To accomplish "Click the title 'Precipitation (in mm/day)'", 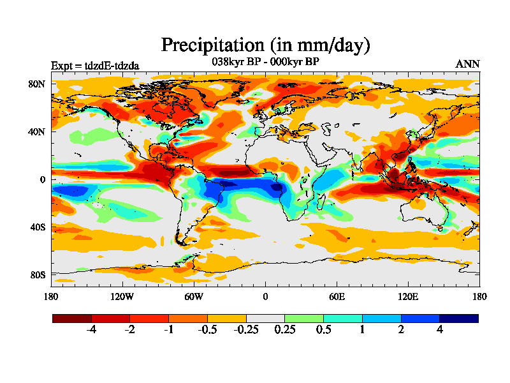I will click(x=265, y=45).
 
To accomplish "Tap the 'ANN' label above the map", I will click(x=468, y=64).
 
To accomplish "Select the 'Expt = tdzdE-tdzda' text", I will click(x=95, y=65).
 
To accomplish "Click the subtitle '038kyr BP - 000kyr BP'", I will click(x=265, y=62).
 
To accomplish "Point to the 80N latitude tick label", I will click(x=38, y=84).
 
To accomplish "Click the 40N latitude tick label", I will click(x=38, y=131).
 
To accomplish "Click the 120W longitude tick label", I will click(x=122, y=296).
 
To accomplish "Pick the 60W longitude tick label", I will click(x=194, y=296).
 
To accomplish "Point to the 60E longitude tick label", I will click(x=337, y=296).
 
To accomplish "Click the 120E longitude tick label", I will click(x=408, y=296).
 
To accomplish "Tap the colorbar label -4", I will click(x=91, y=330).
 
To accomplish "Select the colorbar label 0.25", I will click(x=285, y=330).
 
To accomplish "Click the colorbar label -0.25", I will click(x=245, y=330).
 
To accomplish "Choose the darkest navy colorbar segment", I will click(x=459, y=318).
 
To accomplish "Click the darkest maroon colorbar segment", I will click(x=72, y=318).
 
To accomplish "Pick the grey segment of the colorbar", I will click(x=265, y=318).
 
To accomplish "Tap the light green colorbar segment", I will click(x=304, y=318).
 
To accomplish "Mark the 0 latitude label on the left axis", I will click(x=42, y=179).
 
